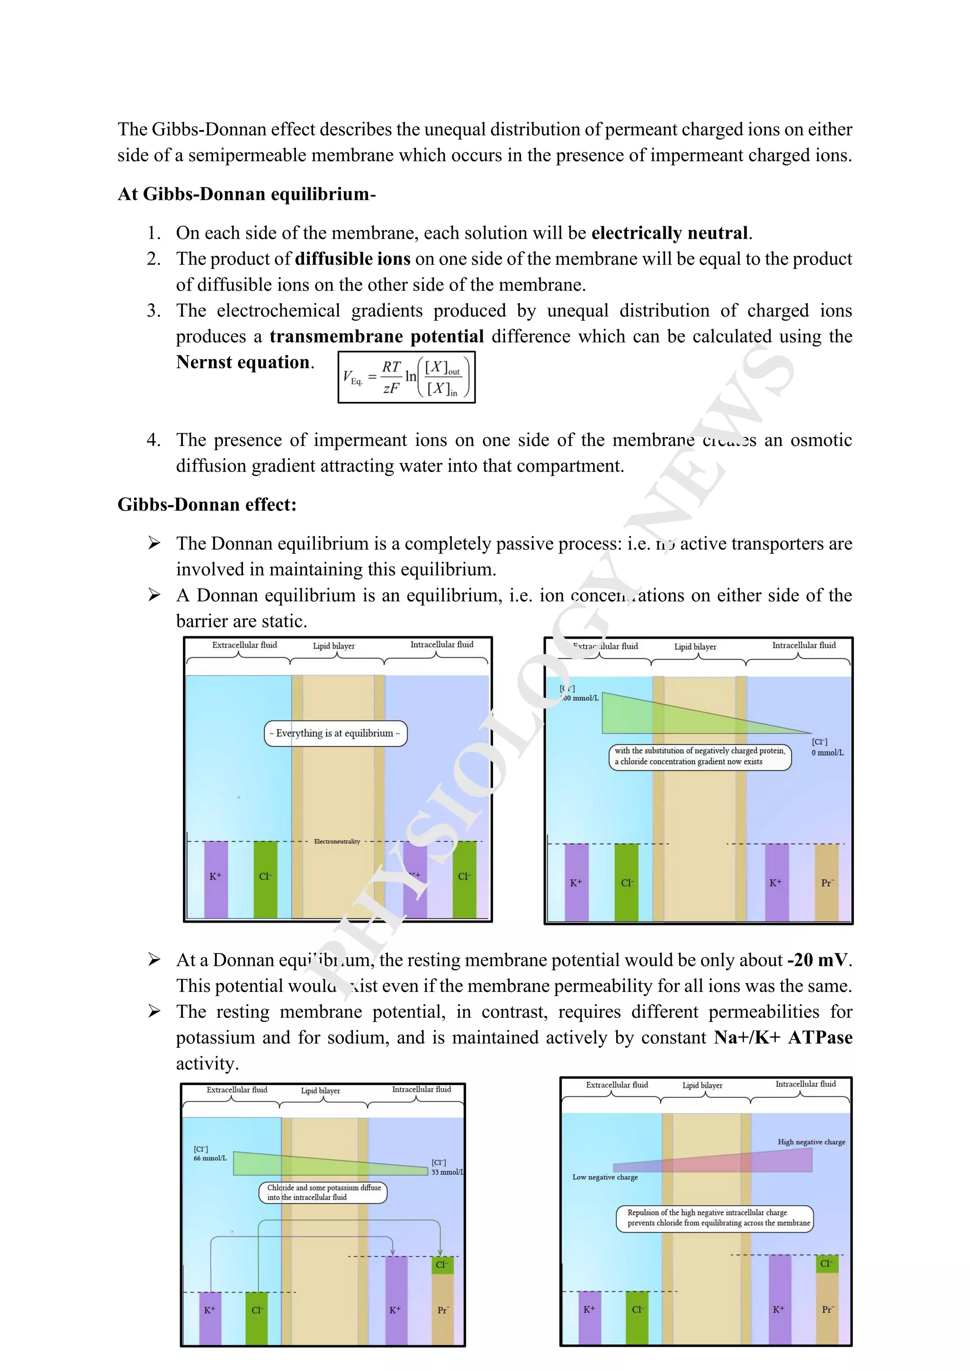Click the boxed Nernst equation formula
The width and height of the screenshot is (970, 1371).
[x=406, y=377]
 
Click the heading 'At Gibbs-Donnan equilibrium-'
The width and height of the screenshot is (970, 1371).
[x=246, y=194]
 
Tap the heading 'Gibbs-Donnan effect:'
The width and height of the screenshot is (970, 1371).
[x=207, y=505]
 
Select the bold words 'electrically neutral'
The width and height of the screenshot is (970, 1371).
[x=670, y=233]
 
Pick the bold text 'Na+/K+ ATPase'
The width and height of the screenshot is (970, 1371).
[x=782, y=1037]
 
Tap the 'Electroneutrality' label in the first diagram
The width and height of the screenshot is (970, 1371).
[x=337, y=841]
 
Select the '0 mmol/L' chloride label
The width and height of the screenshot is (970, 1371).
[x=827, y=753]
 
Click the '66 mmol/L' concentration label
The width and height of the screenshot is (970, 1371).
[x=210, y=1158]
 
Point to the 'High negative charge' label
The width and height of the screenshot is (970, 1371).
[x=811, y=1142]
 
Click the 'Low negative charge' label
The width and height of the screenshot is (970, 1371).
[x=604, y=1177]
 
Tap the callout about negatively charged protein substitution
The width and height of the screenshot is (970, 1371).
[x=700, y=756]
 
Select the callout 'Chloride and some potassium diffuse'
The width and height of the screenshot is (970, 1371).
[x=323, y=1193]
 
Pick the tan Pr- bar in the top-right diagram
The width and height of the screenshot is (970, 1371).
[x=826, y=882]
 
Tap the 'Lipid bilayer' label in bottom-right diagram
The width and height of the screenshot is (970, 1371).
[x=702, y=1086]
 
